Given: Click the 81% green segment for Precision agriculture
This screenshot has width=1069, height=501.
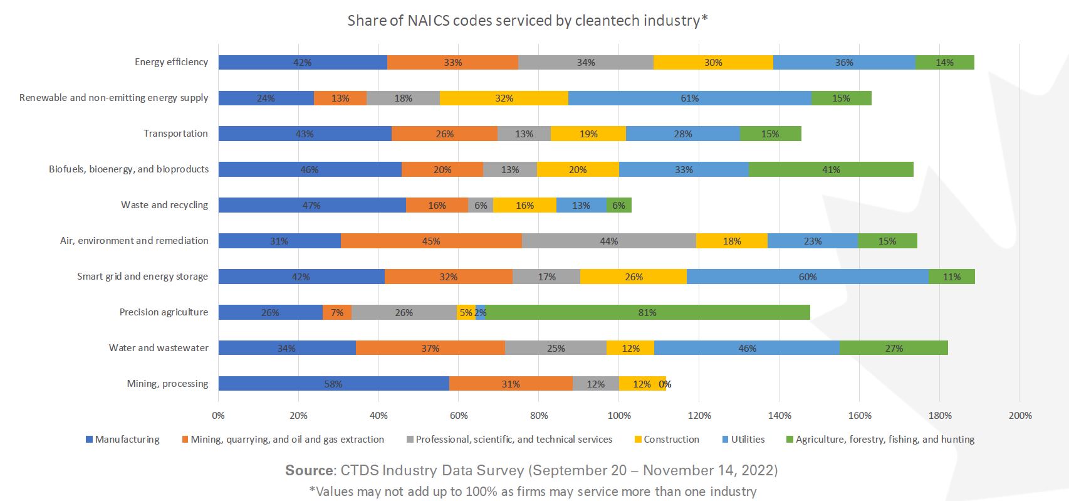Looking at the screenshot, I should (x=647, y=312).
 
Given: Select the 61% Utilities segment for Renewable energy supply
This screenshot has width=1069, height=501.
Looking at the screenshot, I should (x=689, y=98).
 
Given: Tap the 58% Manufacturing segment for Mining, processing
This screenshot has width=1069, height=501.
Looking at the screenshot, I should (x=333, y=384).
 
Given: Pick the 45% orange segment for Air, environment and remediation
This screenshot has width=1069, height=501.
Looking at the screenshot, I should (x=431, y=241).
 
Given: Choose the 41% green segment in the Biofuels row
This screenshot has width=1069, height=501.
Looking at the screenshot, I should (x=831, y=169).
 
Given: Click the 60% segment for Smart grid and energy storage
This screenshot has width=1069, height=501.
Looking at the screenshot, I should (x=807, y=277).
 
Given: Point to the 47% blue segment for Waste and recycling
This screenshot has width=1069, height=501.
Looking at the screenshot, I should (x=311, y=205).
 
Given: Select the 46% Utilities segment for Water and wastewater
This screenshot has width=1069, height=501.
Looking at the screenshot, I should (x=747, y=348).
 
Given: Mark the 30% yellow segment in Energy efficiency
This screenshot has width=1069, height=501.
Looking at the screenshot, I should (x=713, y=62).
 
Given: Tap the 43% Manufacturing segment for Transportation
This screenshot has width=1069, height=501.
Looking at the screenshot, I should (x=305, y=134).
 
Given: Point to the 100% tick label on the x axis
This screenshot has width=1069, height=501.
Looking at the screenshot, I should (x=619, y=415).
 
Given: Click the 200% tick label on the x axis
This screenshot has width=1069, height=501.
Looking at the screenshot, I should (x=1019, y=415).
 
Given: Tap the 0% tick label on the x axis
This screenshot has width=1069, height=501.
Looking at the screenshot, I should (x=218, y=415).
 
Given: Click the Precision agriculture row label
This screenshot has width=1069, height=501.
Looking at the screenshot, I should (x=164, y=312).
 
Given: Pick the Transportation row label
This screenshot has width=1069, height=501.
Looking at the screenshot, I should (x=175, y=134).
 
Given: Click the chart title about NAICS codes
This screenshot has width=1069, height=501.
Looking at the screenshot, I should (x=528, y=21).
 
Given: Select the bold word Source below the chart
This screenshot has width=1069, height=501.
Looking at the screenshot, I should (x=310, y=470).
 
